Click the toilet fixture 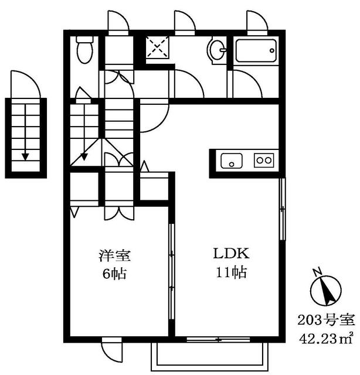pos(85,50)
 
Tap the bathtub pos(256,51)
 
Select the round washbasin pos(217,51)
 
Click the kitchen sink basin pos(231,161)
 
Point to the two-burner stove pos(264,160)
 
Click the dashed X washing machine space pos(158,47)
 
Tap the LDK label pos(231,254)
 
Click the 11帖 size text pos(231,272)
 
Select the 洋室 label pos(115,255)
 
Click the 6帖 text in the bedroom pos(114,274)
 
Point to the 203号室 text pos(326,321)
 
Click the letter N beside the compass pos(317,271)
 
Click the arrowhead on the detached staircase pos(25,156)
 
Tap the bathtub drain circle pos(272,50)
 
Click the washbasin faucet pos(223,50)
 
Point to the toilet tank pos(85,39)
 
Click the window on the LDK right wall pos(283,209)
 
